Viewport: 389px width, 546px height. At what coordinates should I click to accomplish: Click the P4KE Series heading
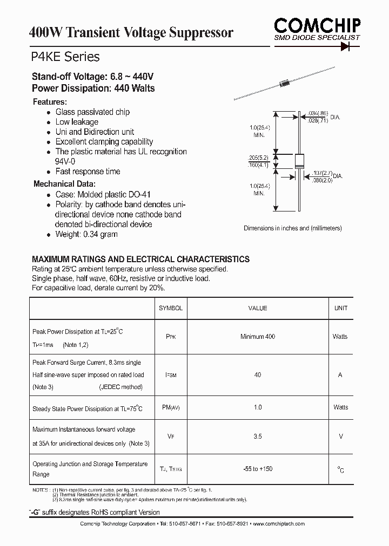click(x=65, y=57)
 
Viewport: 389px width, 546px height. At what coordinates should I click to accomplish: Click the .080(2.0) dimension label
click(x=322, y=180)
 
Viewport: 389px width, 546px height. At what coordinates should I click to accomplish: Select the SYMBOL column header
click(x=171, y=308)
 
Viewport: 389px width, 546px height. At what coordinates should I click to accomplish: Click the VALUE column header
click(x=258, y=308)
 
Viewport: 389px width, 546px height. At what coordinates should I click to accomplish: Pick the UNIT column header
click(x=341, y=308)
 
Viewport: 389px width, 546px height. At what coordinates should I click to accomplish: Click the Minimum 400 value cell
click(x=258, y=337)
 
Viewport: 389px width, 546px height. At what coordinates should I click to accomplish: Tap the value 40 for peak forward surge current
click(x=258, y=375)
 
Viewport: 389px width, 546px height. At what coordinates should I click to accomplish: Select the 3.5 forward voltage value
click(x=258, y=436)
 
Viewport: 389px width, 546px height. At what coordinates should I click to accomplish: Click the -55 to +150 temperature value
click(x=258, y=469)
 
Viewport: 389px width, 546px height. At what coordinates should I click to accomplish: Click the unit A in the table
click(x=340, y=375)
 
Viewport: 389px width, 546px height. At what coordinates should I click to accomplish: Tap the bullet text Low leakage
click(x=77, y=122)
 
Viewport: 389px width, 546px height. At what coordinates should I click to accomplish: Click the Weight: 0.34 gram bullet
click(x=86, y=234)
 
